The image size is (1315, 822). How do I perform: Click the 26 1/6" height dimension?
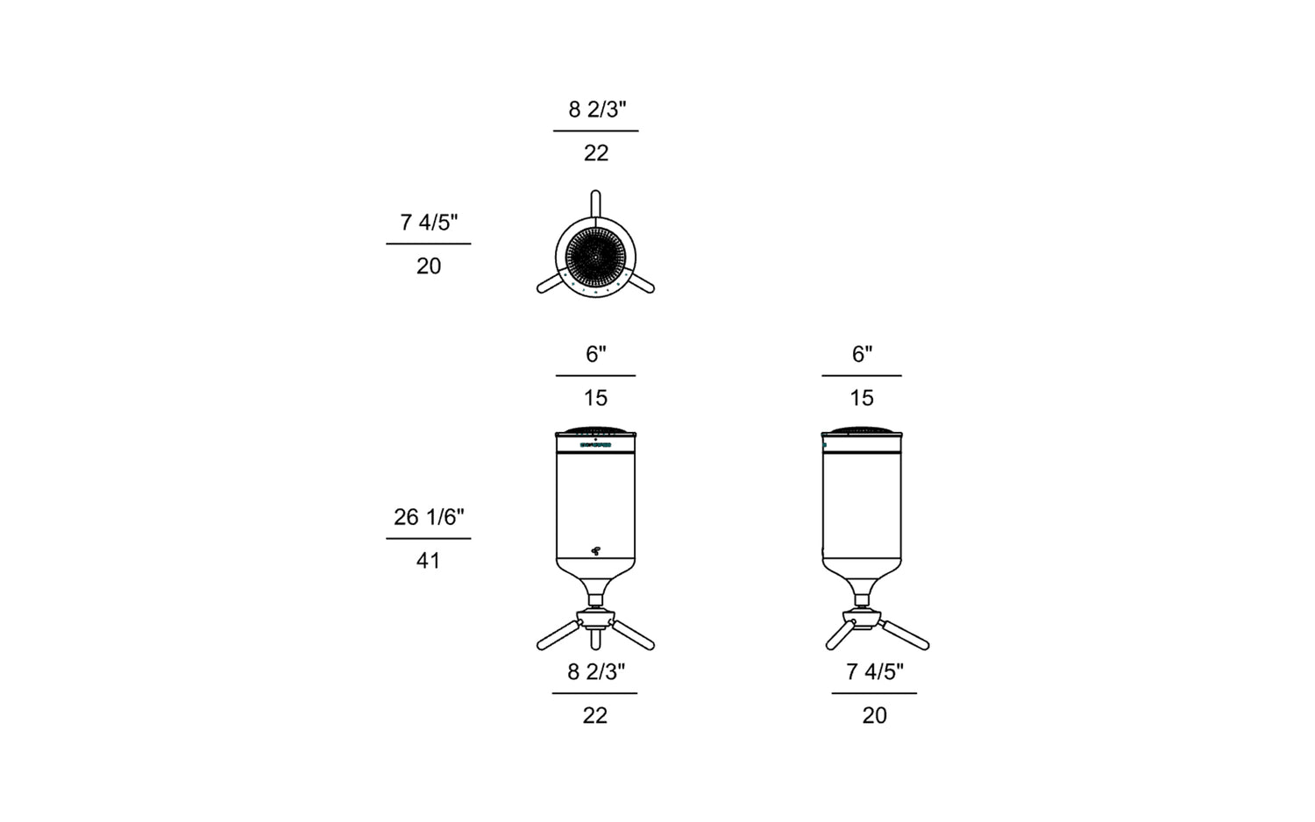[x=429, y=517]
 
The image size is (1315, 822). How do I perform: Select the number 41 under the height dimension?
[x=429, y=561]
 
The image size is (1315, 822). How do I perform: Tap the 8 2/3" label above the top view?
[x=597, y=110]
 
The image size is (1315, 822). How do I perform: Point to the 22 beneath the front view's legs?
[x=594, y=715]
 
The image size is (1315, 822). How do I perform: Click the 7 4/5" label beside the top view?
[x=429, y=223]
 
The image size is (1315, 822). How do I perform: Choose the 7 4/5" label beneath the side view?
[x=875, y=672]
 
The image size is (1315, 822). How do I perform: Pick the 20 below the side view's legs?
[x=875, y=715]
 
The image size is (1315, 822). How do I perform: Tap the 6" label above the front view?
[x=596, y=354]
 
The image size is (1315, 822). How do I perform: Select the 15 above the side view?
[x=862, y=398]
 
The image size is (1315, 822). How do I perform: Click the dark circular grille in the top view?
[x=595, y=257]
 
